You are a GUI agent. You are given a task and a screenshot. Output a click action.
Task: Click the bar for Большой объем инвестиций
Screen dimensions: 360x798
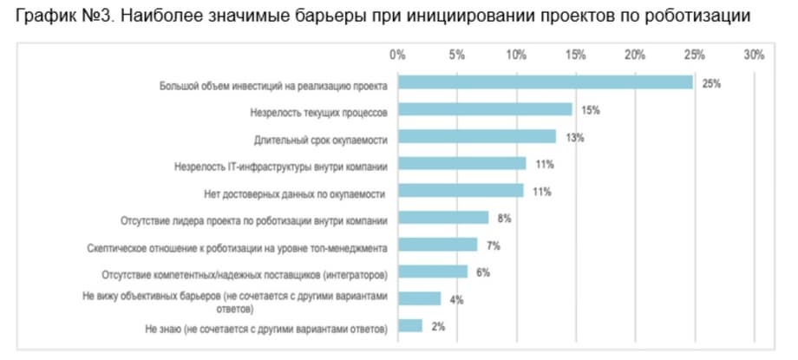point(545,83)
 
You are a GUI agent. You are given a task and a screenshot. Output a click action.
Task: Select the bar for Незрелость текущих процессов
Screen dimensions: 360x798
point(485,110)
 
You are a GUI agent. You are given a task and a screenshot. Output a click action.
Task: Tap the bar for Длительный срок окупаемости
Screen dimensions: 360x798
point(477,137)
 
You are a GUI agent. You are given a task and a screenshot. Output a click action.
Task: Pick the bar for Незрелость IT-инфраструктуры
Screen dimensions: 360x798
point(462,164)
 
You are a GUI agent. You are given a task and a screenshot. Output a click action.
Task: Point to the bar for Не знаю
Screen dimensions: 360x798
point(410,326)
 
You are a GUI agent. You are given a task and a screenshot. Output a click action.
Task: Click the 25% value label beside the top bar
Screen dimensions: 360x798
point(712,84)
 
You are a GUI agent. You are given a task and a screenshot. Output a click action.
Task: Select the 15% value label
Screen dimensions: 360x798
point(592,111)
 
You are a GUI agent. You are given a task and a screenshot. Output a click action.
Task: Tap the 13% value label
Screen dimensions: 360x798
point(575,138)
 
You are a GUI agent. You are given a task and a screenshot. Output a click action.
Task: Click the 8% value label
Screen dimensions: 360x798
point(505,219)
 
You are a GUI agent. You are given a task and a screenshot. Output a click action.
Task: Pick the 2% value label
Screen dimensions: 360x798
point(438,327)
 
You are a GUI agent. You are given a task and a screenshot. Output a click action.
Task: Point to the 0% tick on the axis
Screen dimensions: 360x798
point(398,56)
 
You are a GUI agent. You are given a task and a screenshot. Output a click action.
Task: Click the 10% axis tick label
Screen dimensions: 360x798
point(516,56)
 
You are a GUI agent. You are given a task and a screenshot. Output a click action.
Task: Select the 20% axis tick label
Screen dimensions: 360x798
point(635,56)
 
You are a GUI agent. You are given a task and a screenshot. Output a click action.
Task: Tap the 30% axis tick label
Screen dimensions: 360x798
point(754,56)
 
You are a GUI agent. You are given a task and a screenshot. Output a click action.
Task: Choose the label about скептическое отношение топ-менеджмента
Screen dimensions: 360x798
point(238,246)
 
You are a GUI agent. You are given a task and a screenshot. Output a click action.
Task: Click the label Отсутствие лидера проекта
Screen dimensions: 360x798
point(254,219)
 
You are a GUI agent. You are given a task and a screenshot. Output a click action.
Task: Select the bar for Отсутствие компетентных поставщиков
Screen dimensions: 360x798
point(433,272)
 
